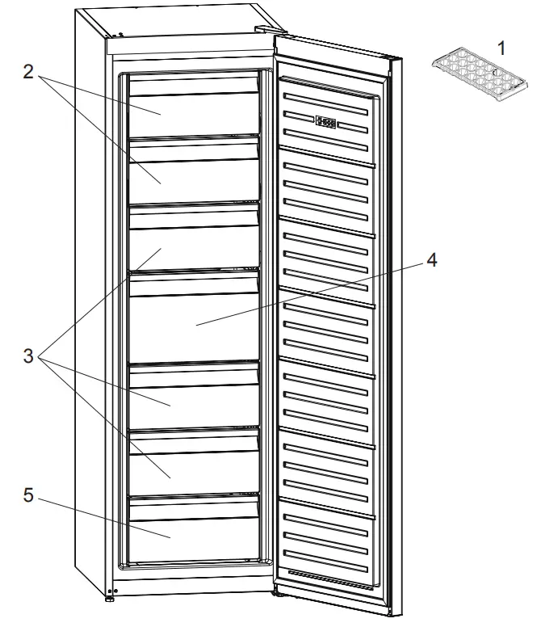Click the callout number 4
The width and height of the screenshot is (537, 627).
433,260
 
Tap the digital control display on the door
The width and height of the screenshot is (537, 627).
327,123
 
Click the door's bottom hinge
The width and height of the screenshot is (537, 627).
275,593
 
